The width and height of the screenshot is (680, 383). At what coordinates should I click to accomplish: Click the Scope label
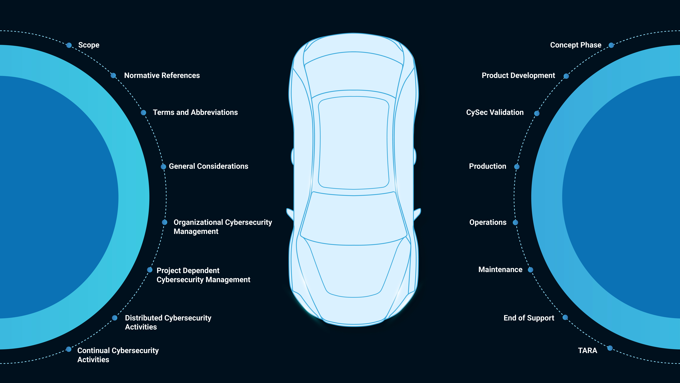pyautogui.click(x=89, y=45)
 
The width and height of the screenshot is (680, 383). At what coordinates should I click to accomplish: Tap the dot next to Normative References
pyautogui.click(x=113, y=76)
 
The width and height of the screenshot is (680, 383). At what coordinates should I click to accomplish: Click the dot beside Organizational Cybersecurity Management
pyautogui.click(x=164, y=222)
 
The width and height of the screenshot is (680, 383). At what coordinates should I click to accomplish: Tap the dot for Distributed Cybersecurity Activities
pyautogui.click(x=115, y=318)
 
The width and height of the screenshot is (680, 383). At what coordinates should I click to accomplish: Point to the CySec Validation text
pyautogui.click(x=495, y=112)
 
